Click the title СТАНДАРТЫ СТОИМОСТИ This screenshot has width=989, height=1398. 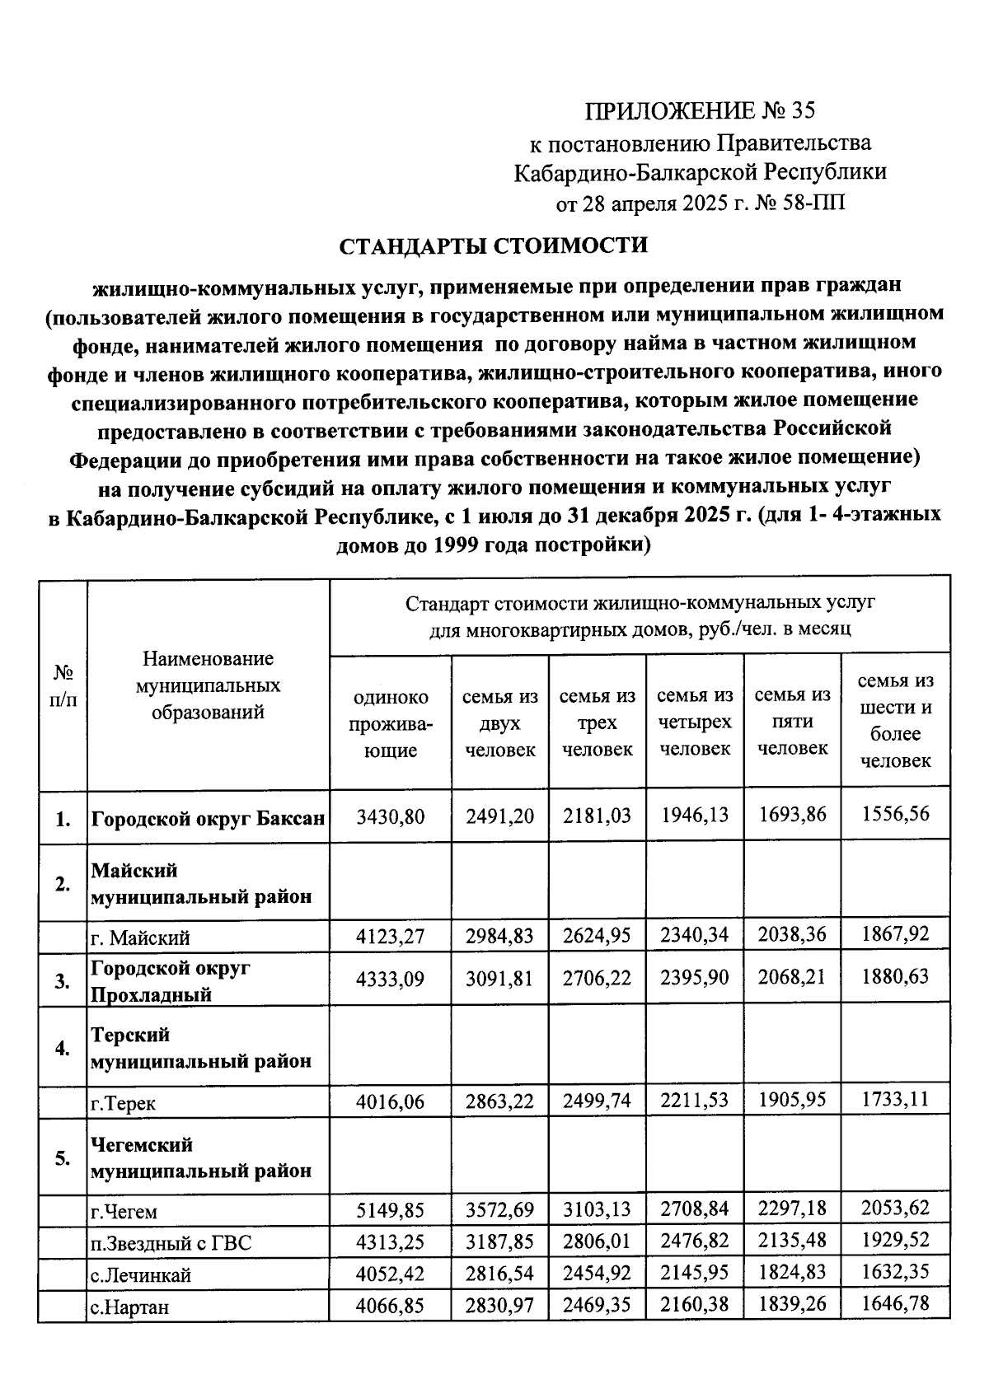click(x=494, y=245)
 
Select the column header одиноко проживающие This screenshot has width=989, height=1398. click(x=391, y=723)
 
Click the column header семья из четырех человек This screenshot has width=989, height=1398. click(x=695, y=722)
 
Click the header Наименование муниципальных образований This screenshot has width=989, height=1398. click(x=208, y=685)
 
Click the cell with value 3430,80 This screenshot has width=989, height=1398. click(x=391, y=816)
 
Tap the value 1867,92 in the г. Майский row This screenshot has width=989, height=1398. click(x=895, y=934)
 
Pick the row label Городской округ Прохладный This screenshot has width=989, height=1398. click(x=171, y=980)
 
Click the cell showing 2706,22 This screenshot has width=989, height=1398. click(x=597, y=978)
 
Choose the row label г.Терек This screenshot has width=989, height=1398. click(x=124, y=1103)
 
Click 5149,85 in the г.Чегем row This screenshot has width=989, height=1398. click(x=391, y=1209)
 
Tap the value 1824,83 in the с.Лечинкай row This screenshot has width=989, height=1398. click(x=792, y=1272)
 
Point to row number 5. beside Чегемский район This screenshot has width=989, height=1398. click(x=63, y=1158)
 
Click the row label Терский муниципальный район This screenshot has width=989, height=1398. click(x=201, y=1047)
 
